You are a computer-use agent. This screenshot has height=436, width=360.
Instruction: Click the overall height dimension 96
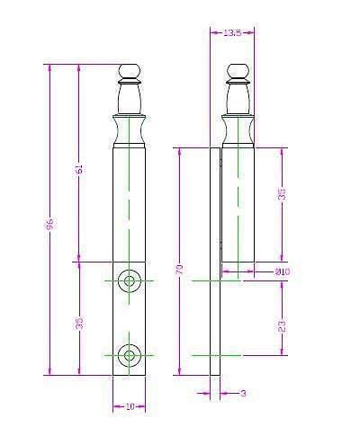tap(50, 223)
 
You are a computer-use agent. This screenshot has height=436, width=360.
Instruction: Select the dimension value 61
tap(78, 169)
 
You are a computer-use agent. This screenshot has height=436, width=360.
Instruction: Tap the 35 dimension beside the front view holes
tap(78, 321)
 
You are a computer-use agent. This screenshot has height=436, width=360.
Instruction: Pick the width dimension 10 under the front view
tap(130, 406)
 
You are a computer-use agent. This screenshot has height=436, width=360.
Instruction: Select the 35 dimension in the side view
tap(282, 197)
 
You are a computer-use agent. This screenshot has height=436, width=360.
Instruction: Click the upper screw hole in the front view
tap(130, 281)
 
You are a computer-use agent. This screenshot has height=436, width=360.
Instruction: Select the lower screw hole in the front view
tap(130, 355)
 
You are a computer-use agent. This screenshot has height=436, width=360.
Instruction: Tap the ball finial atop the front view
tap(130, 71)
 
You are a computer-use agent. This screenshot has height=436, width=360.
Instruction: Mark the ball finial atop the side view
tap(237, 71)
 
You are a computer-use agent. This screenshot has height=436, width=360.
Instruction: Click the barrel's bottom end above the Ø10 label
tap(238, 268)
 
